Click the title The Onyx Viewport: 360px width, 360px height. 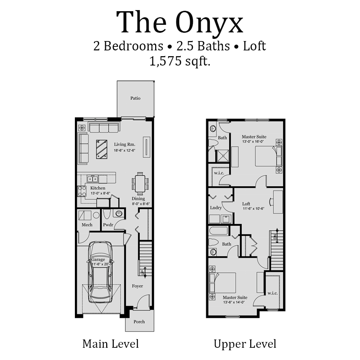pos(180,22)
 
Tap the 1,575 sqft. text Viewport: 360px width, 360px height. pos(180,61)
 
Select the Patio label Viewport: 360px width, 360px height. pos(135,98)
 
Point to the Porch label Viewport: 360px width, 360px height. pos(139,321)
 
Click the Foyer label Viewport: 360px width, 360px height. pos(137,286)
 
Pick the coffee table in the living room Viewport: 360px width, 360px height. pos(102,149)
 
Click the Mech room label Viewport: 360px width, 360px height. pos(87,225)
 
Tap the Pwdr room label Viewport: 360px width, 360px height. pos(108,225)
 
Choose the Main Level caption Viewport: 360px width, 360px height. pos(110,343)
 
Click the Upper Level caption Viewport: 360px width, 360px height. pos(245,343)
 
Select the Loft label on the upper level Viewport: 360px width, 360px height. pos(246,203)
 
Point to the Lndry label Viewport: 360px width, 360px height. pos(216,208)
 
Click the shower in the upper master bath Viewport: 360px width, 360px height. pos(222,156)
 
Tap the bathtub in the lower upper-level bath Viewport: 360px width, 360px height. pos(219,231)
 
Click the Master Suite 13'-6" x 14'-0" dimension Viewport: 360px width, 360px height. pos(235,302)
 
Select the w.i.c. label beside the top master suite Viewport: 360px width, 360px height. pos(219,173)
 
